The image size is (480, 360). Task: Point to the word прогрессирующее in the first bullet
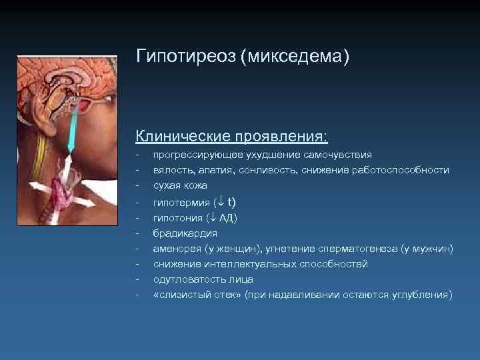(195, 155)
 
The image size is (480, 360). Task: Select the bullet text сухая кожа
(180, 185)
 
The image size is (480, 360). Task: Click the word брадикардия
(185, 233)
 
